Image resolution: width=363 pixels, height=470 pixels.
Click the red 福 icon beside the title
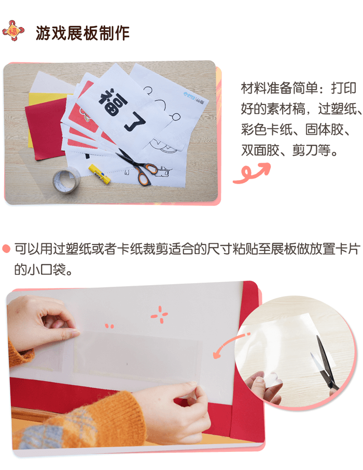point(13,31)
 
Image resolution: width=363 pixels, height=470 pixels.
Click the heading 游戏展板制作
point(82,32)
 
